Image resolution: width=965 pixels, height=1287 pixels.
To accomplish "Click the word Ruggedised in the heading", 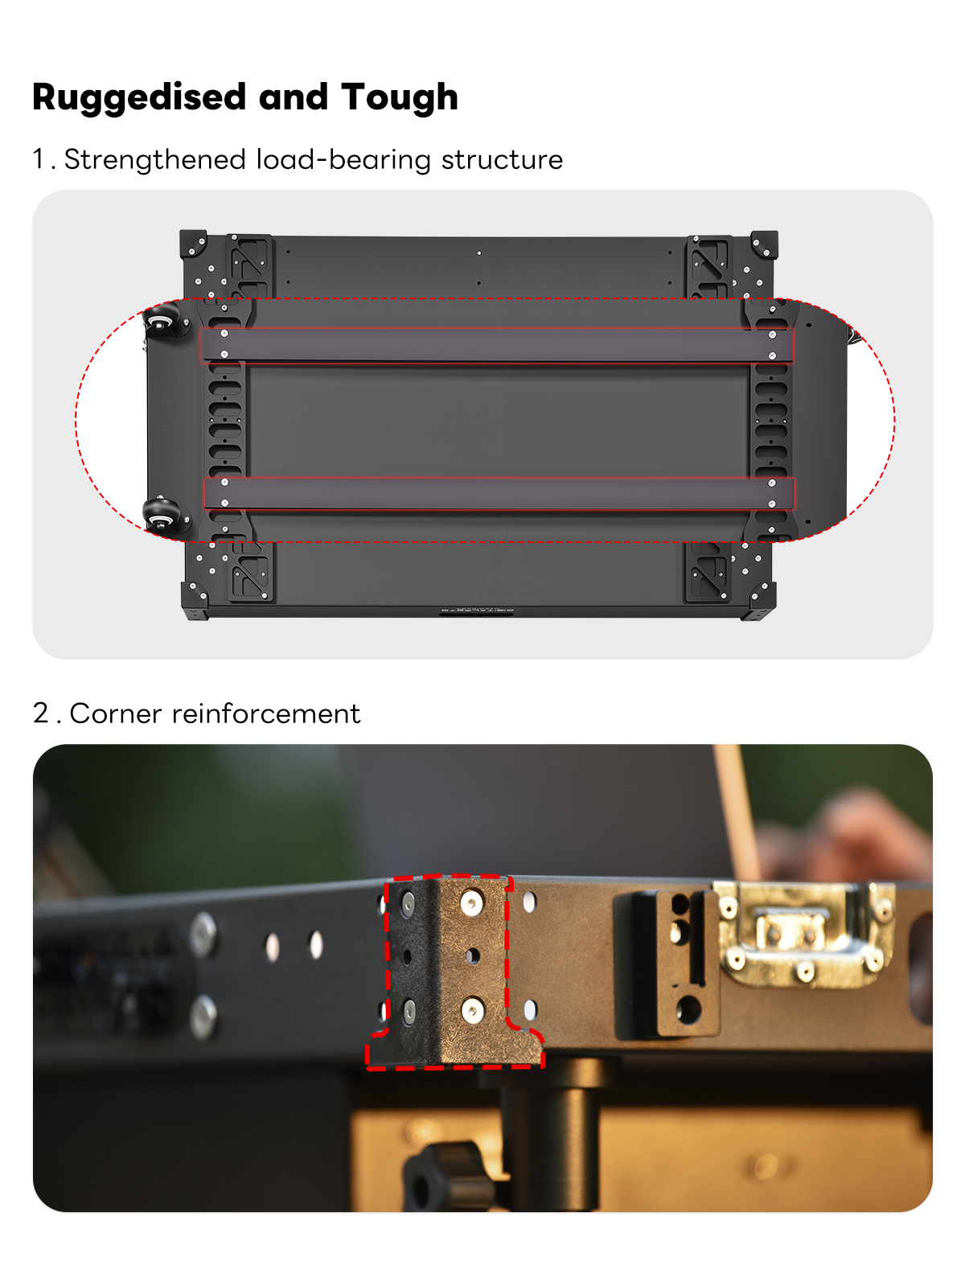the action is click(139, 97).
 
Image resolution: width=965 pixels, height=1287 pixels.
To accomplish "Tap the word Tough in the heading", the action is click(399, 97).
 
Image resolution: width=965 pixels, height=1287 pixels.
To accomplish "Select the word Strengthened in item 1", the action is click(154, 159).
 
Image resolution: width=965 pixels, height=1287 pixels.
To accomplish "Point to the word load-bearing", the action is click(344, 159).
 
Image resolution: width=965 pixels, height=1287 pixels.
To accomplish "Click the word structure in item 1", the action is click(502, 159).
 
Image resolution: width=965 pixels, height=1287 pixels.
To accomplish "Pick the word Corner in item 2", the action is click(116, 713).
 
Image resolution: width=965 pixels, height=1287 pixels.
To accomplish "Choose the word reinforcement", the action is click(265, 713).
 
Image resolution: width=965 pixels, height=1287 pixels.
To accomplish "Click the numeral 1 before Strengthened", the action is click(38, 159).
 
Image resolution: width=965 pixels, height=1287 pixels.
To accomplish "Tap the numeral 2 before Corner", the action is click(41, 713).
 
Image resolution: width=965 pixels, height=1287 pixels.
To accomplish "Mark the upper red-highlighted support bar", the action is click(496, 345).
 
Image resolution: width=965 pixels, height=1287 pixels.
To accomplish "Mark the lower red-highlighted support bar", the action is click(498, 492).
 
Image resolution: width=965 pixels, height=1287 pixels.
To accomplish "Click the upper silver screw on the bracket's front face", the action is click(472, 903).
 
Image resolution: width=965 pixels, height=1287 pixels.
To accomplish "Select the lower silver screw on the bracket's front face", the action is click(472, 1010).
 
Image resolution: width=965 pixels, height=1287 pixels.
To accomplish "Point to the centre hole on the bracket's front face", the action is click(472, 956).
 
